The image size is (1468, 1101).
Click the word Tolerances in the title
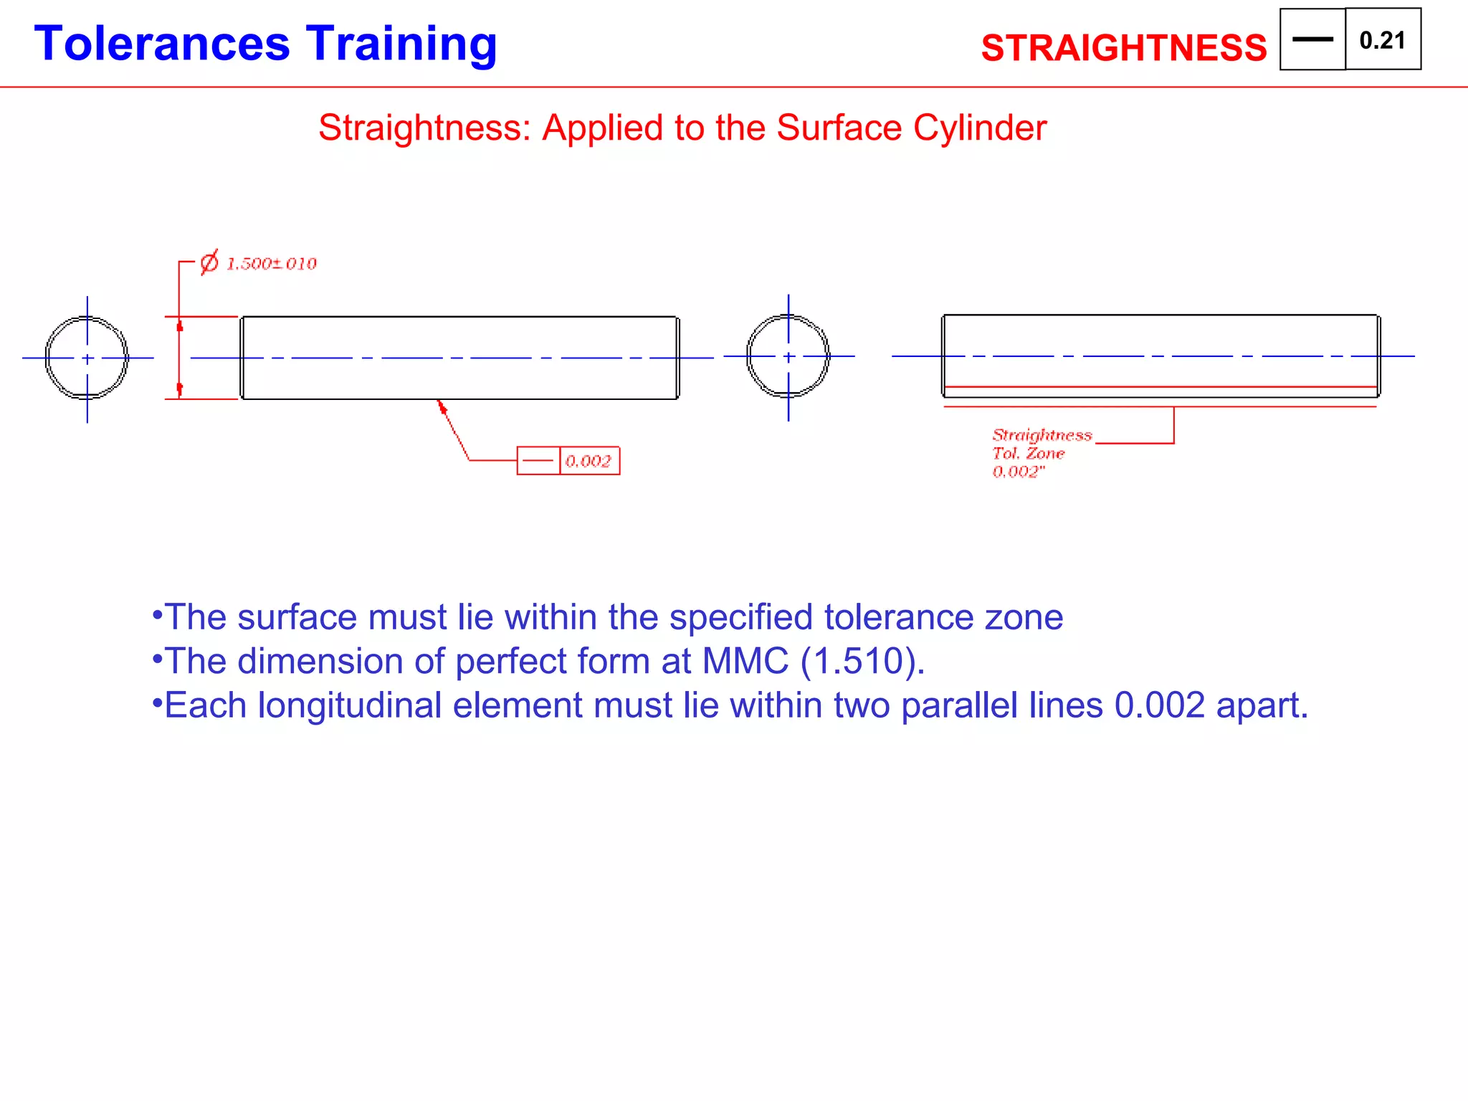(x=162, y=44)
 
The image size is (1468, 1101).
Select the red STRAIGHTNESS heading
(x=1123, y=48)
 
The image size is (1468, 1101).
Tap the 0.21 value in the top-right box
(x=1382, y=40)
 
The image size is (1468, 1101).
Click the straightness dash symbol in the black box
(x=1312, y=39)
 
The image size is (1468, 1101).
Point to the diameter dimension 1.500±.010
(x=271, y=264)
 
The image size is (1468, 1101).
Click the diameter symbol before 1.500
(x=209, y=263)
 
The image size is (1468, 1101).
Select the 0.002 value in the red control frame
(x=588, y=461)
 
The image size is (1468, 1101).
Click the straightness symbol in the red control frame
(x=538, y=461)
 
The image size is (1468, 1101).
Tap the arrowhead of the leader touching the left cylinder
(x=442, y=406)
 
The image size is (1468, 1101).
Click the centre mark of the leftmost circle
(x=87, y=358)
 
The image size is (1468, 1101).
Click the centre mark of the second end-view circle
(x=788, y=357)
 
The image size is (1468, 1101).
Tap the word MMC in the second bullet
(x=745, y=661)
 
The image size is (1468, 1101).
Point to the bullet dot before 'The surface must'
(x=157, y=614)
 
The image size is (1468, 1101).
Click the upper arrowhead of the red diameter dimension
(x=179, y=325)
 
